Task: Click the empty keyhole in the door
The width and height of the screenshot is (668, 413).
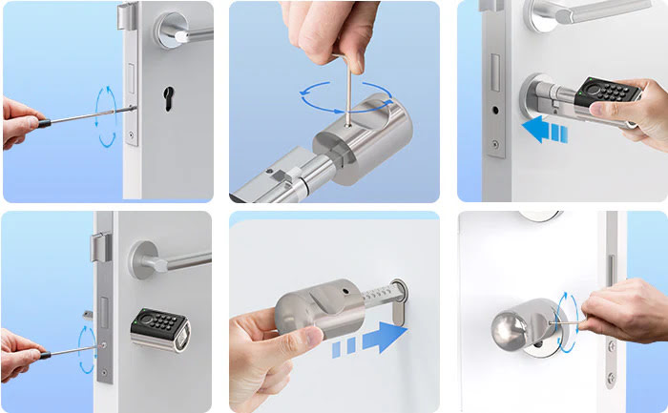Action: pos(172,98)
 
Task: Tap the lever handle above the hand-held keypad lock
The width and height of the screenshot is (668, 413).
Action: pos(592,14)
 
